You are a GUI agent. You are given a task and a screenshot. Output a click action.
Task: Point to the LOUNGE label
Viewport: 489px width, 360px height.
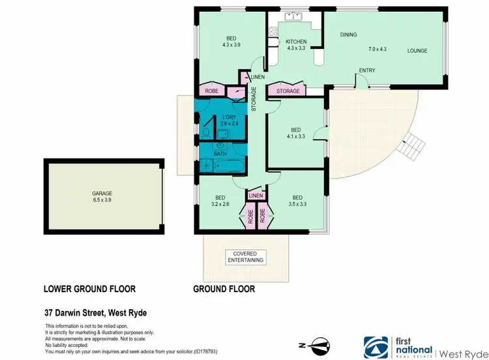pyautogui.click(x=417, y=50)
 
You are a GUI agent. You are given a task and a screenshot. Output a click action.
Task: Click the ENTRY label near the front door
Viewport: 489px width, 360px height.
pyautogui.click(x=366, y=70)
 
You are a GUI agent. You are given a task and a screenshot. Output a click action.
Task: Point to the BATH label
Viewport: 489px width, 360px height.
pyautogui.click(x=221, y=154)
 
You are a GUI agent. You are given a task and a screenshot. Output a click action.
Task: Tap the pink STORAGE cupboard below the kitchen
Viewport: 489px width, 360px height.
pyautogui.click(x=288, y=91)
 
